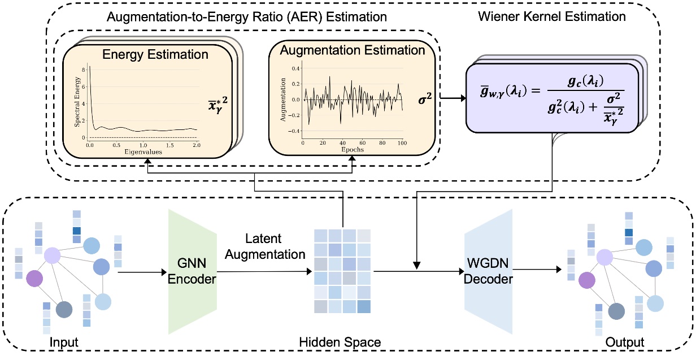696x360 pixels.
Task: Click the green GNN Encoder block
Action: (x=192, y=271)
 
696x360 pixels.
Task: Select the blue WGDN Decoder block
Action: (x=489, y=271)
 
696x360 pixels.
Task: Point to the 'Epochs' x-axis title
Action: (x=353, y=150)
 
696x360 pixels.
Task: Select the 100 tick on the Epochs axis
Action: (x=402, y=144)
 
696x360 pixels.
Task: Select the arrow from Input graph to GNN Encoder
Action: (x=141, y=272)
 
